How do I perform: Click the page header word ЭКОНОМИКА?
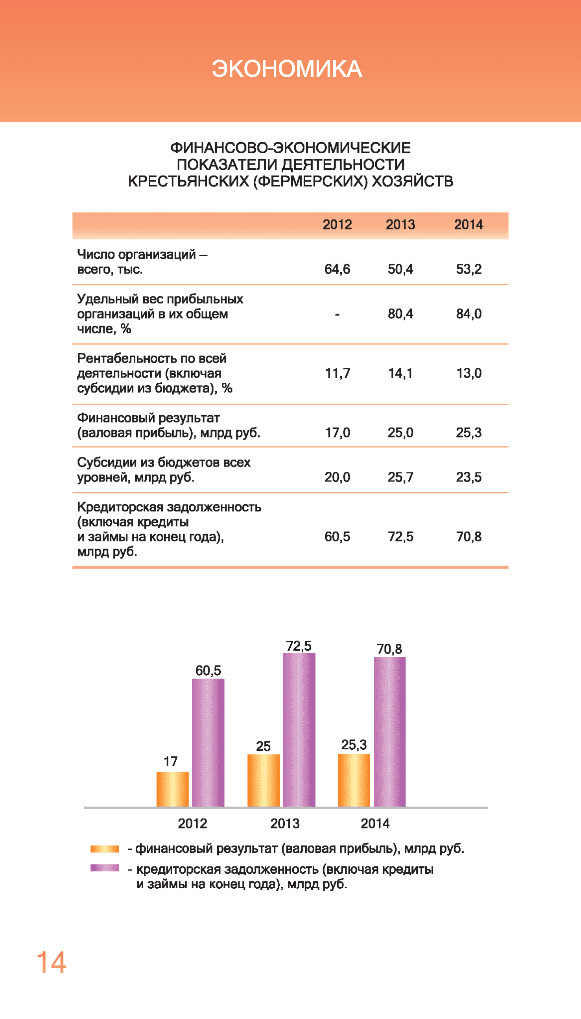pos(287,69)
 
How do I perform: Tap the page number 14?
pos(52,963)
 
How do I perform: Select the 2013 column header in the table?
pos(400,225)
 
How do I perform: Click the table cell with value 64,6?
pos(337,269)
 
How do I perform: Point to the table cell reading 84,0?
pos(468,314)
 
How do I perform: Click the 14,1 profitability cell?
pos(400,373)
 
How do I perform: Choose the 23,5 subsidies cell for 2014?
pos(468,477)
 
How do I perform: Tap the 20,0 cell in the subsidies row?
pos(337,477)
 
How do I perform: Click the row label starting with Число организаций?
pos(142,261)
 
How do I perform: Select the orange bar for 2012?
pos(172,789)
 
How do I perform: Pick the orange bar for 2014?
pos(354,780)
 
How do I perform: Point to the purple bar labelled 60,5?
pos(208,743)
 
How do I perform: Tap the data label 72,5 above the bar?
pos(299,646)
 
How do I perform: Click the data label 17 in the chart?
pos(170,761)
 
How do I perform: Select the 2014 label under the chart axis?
pos(375,823)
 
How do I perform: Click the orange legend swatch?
pos(105,849)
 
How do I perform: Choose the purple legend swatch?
pos(105,868)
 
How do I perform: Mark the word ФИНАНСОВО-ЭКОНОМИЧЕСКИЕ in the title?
pos(290,148)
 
